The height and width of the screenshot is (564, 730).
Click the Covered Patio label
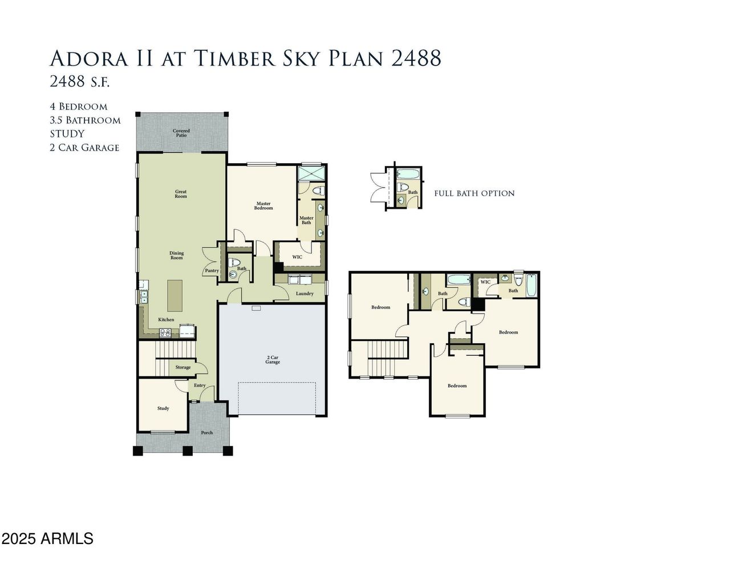tap(181, 133)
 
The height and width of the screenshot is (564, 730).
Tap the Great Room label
tap(181, 194)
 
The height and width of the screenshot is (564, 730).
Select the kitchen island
tap(175, 296)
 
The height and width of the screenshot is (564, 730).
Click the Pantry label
tap(212, 270)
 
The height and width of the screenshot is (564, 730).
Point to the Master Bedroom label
tap(263, 205)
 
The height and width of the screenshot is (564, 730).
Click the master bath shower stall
tap(311, 173)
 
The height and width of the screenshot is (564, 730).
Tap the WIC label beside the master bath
tap(297, 257)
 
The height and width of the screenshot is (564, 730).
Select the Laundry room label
tap(305, 293)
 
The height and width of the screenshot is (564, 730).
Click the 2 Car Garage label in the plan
tap(273, 360)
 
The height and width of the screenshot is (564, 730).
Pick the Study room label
tap(163, 408)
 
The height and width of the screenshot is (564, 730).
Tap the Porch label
tap(206, 432)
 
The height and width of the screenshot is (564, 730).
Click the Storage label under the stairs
tap(182, 367)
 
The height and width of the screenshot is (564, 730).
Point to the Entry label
tap(200, 386)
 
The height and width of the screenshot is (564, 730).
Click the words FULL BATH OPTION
tap(474, 193)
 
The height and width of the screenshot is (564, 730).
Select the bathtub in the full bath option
tap(408, 174)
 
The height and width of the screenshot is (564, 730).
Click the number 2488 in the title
tap(416, 58)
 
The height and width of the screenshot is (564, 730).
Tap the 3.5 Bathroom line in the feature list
tap(86, 120)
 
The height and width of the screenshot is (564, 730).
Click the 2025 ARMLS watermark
tap(47, 538)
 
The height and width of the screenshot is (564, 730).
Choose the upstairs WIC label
tap(485, 282)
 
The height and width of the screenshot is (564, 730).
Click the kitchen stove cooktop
tap(165, 332)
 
